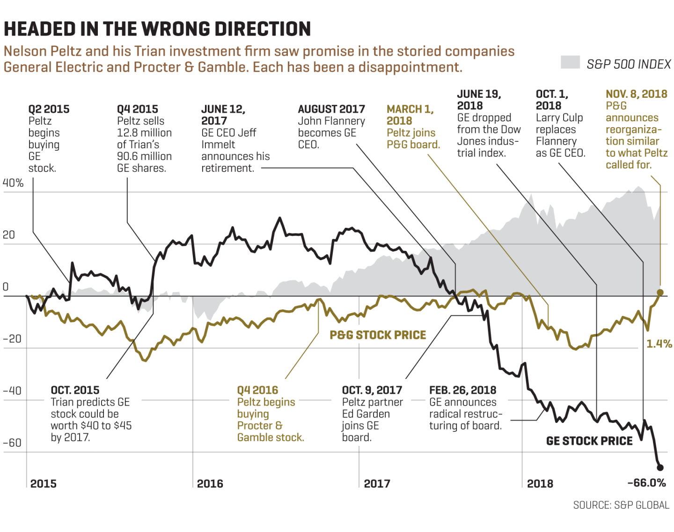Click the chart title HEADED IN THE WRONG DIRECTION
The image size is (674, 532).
(x=157, y=29)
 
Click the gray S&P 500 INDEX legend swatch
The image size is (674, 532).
(x=570, y=62)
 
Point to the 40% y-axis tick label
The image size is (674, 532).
(x=13, y=183)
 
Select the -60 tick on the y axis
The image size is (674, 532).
(x=12, y=443)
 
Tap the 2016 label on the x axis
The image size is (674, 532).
(x=210, y=484)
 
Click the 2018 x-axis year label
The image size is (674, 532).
(x=540, y=484)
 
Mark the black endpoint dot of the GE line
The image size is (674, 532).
(x=660, y=467)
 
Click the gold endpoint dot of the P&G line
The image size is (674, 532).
(x=660, y=292)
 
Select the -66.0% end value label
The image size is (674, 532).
(x=646, y=483)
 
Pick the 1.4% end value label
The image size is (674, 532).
(x=659, y=344)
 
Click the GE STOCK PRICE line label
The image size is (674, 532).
(x=589, y=441)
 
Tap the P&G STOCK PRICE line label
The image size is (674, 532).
(x=378, y=335)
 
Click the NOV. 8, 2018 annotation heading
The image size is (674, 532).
(x=636, y=94)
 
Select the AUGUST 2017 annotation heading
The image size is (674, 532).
(x=331, y=109)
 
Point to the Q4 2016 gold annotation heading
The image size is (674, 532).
(x=257, y=390)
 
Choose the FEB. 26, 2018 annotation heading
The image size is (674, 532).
(x=462, y=390)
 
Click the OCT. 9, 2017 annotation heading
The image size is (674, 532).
(x=372, y=390)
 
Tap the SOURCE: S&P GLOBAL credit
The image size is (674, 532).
(x=621, y=505)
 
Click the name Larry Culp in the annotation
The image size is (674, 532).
(x=559, y=118)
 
